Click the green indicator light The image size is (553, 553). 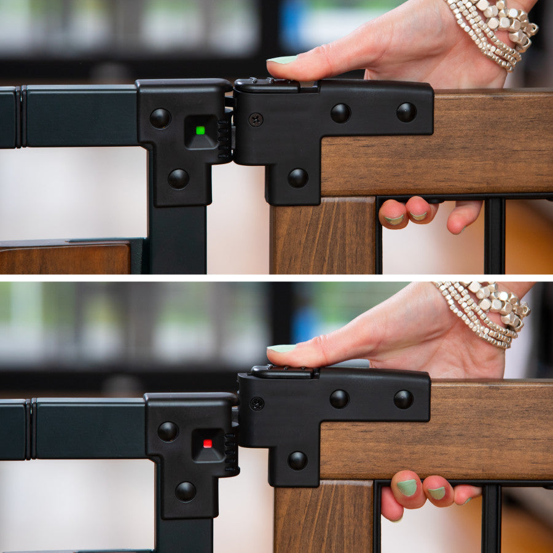coord(200,130)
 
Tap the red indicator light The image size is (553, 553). coord(208,443)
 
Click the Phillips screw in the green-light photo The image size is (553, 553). coord(256,119)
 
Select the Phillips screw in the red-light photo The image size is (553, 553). coord(257,404)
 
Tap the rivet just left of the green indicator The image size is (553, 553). coord(160,118)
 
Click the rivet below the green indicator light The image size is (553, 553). coord(179,179)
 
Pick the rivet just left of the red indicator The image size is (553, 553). coord(168,431)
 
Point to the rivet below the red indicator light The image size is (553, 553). coord(186,491)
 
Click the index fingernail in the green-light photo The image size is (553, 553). coord(283,60)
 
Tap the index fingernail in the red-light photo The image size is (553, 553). coord(281,348)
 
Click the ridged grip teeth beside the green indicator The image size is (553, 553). coord(224,139)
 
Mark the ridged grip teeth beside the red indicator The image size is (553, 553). coord(231,453)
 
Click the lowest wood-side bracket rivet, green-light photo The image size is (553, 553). coord(298,178)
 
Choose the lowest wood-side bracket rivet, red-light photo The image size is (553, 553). coord(298,461)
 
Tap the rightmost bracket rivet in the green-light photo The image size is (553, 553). coord(406,112)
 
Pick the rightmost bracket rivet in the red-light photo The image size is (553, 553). coord(403,399)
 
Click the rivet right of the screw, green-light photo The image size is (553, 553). coord(340,113)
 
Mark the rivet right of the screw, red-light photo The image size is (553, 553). coord(339,399)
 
